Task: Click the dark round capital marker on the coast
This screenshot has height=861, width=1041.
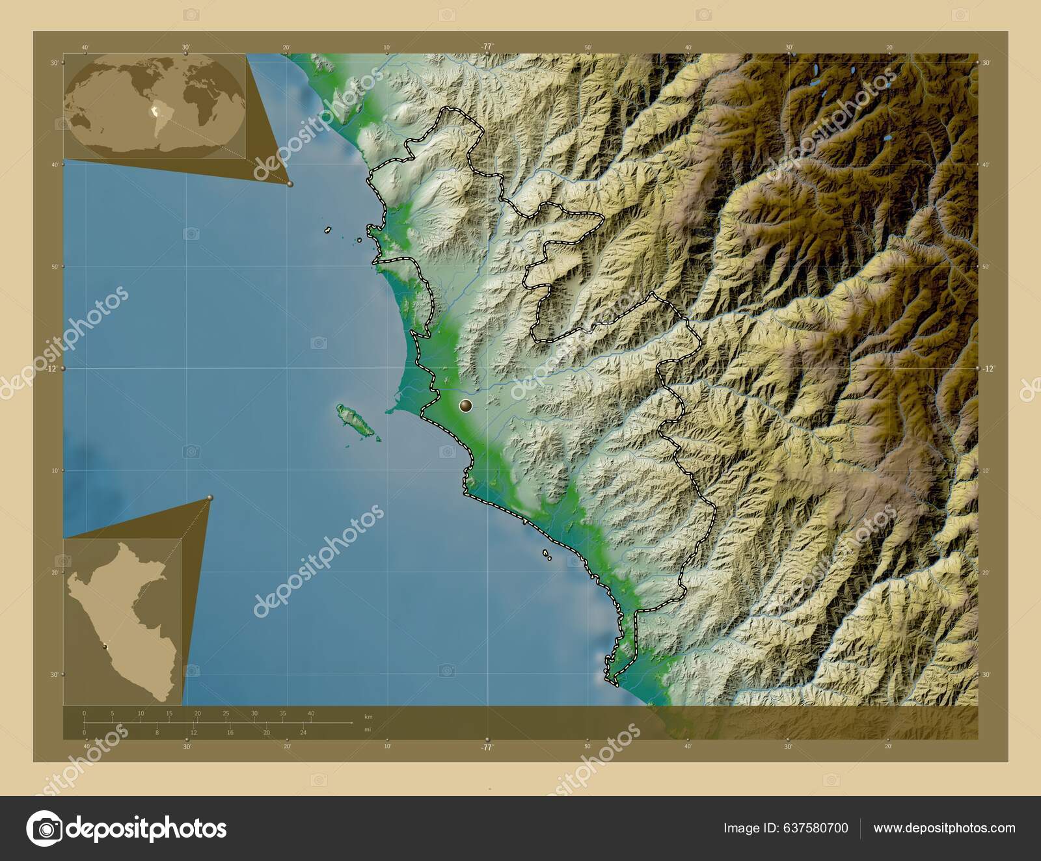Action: [465, 406]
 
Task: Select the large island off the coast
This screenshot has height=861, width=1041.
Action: [355, 421]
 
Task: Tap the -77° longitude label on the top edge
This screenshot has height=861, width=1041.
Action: [487, 47]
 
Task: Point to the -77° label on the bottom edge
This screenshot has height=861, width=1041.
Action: [487, 747]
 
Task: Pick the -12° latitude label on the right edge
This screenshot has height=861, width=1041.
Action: [988, 368]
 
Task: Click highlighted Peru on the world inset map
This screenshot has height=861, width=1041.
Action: [155, 112]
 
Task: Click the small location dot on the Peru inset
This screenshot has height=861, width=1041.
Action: [104, 646]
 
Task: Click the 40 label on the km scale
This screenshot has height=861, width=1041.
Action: [311, 713]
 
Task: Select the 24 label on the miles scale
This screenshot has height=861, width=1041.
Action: [303, 732]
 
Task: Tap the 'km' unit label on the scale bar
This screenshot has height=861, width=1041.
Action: [369, 717]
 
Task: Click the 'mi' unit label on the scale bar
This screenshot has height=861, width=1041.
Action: [368, 729]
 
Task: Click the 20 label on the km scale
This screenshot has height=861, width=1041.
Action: [197, 713]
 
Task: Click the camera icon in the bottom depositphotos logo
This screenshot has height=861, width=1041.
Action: [45, 828]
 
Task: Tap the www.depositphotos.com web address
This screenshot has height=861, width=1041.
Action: [944, 828]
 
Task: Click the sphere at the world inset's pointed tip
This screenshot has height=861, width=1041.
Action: [290, 184]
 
